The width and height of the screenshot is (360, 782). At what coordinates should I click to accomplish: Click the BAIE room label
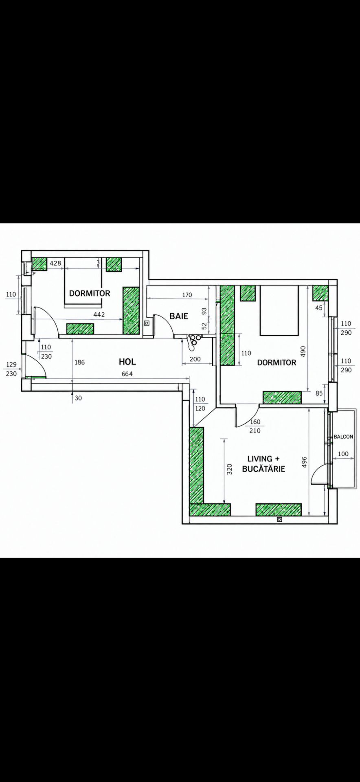(179, 316)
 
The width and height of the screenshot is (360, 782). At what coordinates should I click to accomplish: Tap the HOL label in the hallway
(127, 362)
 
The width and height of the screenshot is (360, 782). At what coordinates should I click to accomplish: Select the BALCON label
(343, 437)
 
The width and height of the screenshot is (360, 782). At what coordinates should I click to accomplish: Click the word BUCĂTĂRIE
(263, 469)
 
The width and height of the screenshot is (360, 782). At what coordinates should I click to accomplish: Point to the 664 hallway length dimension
(127, 374)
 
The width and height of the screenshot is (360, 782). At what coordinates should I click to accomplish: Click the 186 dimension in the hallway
(80, 362)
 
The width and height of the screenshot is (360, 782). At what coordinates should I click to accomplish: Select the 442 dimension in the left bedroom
(99, 314)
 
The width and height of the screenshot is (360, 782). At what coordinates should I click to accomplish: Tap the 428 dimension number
(55, 263)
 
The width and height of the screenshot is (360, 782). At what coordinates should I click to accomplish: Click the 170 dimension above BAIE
(187, 295)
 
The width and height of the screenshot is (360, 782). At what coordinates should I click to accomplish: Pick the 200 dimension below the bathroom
(195, 359)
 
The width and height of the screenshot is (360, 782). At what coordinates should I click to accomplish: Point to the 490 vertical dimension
(303, 351)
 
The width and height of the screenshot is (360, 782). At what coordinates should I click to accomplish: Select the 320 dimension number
(229, 470)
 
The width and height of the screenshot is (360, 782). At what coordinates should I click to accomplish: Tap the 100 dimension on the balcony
(343, 454)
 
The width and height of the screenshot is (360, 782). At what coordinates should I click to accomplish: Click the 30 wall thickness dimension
(78, 398)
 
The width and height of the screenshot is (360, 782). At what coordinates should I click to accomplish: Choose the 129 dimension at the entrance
(11, 365)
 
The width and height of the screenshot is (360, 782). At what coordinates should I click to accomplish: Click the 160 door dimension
(255, 422)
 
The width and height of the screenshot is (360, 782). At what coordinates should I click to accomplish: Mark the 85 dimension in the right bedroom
(319, 393)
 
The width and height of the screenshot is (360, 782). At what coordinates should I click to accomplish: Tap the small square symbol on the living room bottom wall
(279, 519)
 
